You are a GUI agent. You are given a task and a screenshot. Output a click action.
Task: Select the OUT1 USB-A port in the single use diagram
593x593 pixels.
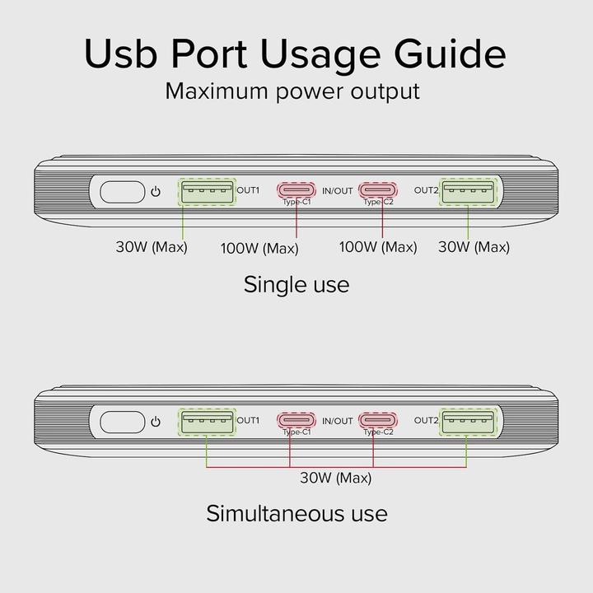point(207,191)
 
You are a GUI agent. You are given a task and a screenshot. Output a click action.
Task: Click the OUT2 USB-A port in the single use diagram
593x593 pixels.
point(469,191)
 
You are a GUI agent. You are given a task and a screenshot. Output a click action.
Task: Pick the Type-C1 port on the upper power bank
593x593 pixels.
point(296,188)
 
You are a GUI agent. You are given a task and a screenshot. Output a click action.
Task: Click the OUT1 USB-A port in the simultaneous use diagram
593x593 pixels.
point(207,421)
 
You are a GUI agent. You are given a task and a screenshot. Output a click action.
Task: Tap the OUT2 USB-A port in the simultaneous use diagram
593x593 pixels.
point(469,421)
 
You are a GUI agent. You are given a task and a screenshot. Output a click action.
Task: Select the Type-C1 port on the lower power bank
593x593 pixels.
point(296,418)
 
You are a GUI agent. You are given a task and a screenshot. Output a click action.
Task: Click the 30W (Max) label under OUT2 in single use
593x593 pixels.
point(474,246)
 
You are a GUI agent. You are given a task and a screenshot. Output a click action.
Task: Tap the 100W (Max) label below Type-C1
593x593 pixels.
point(259,248)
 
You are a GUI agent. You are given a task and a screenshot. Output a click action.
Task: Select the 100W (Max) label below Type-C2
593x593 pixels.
point(378,246)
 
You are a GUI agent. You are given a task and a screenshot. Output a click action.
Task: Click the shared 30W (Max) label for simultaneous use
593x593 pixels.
point(335,478)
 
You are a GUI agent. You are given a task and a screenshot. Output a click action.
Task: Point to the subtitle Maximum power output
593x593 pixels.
point(292,91)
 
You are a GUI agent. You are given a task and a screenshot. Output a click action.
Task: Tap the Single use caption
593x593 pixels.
point(296,285)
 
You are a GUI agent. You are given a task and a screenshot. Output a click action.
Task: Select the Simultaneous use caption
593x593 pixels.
point(296,514)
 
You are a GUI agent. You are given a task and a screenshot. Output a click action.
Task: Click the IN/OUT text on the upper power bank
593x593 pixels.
point(337,191)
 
